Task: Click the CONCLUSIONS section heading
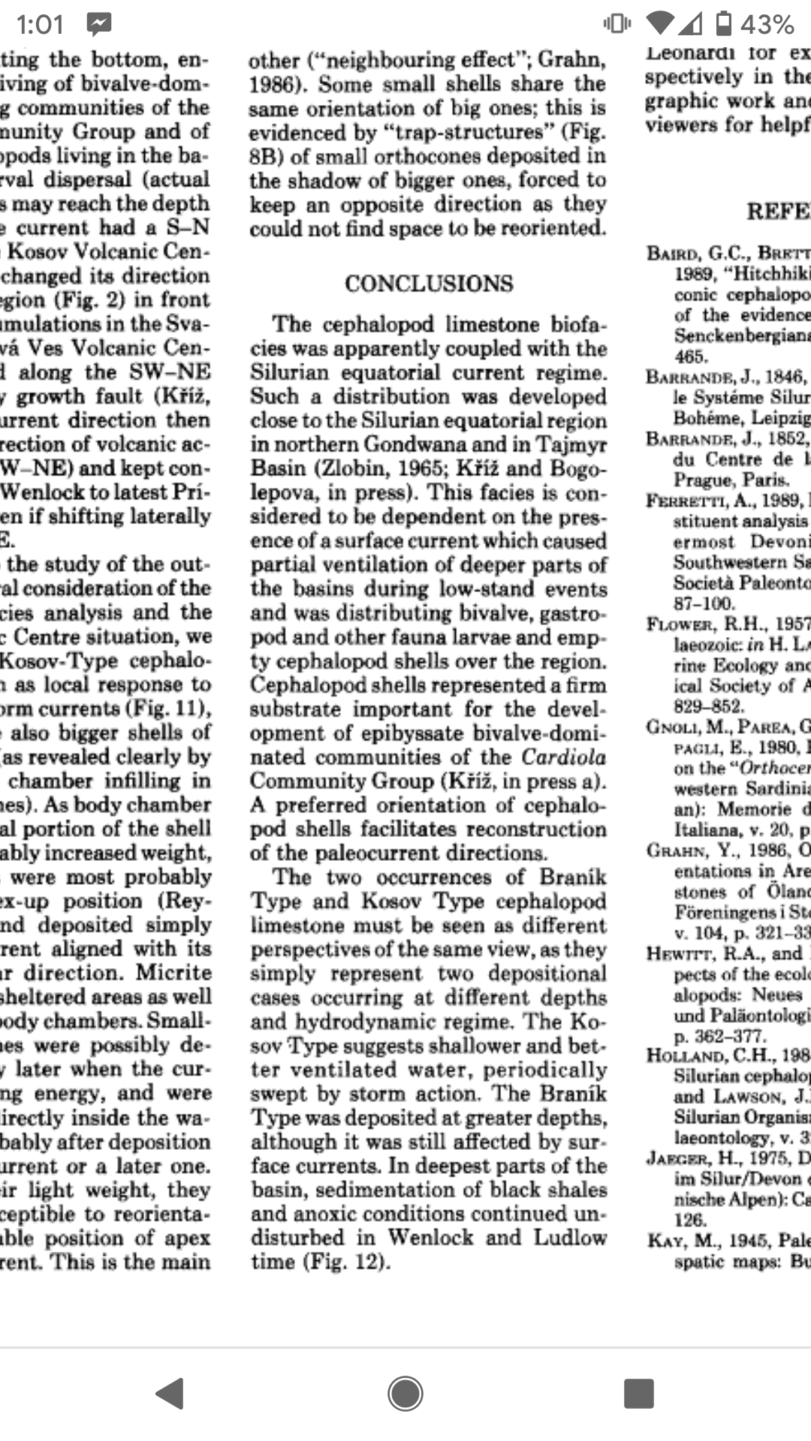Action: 429,284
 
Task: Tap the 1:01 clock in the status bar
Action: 40,25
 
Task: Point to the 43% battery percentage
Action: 767,25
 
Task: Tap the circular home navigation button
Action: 405,1394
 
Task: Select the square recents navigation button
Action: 638,1394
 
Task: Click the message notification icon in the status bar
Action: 98,25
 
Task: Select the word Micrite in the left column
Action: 174,972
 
